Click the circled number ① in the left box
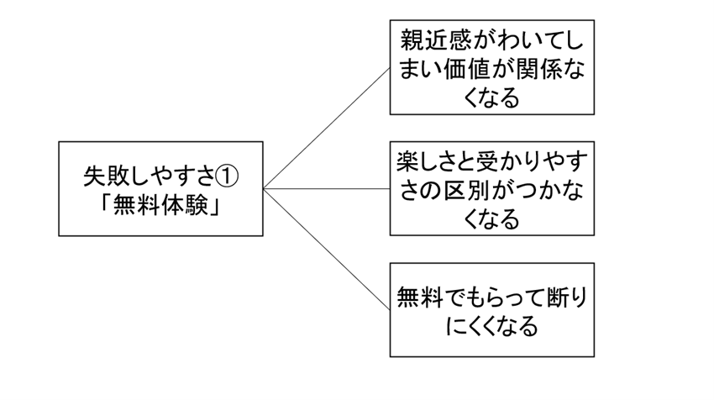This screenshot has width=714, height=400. coord(226,176)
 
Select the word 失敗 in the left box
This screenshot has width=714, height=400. coord(107,176)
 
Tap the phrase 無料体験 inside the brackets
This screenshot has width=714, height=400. coord(160,204)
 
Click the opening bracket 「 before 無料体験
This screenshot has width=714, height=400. coord(106,203)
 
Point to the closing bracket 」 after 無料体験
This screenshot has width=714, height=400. coord(215,206)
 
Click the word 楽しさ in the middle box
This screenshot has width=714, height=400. coord(430,161)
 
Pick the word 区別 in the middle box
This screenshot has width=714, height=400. coord(468,191)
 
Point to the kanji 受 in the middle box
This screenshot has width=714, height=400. coord(488,161)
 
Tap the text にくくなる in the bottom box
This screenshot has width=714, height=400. coord(491,326)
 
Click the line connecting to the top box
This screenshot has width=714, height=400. coord(327,129)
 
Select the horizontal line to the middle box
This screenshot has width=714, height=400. coord(327,188)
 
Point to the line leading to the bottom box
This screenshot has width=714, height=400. coord(327,250)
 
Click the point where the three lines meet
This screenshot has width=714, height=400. coord(264,188)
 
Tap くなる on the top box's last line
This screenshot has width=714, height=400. coord(491,98)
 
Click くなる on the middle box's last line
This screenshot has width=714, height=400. coord(491,219)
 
